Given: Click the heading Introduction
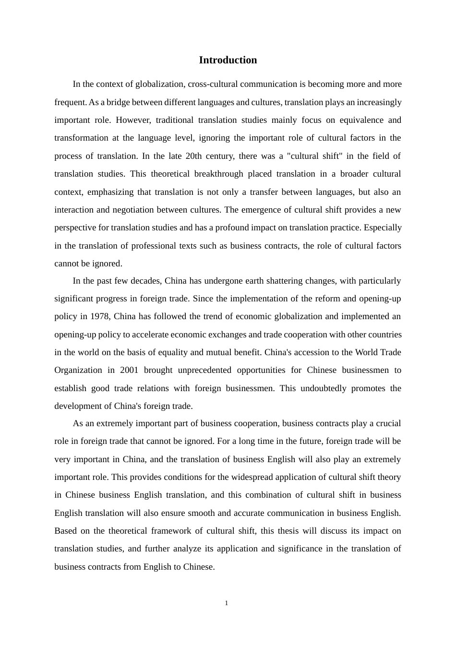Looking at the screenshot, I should (228, 60).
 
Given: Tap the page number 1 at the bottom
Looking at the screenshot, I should (227, 603).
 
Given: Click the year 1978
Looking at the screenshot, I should (100, 316).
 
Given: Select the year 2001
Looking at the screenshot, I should (129, 370).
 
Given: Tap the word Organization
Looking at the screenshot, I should (78, 370).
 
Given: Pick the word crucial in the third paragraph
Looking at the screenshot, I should (388, 423).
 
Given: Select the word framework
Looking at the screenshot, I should (172, 531).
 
